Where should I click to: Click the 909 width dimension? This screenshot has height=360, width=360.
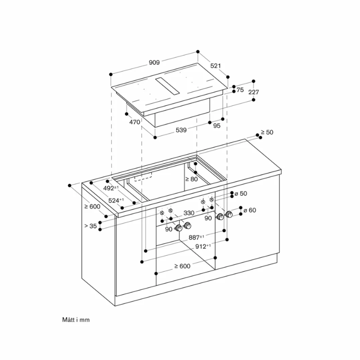[x=154, y=63]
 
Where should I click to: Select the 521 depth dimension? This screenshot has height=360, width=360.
[x=216, y=66]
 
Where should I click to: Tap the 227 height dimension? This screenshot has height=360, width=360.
[x=254, y=92]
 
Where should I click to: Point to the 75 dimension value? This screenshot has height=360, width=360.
[x=240, y=90]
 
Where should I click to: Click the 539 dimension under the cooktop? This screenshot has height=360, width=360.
[x=181, y=130]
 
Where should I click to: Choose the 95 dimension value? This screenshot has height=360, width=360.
[x=217, y=126]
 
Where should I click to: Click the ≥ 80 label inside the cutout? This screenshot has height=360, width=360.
[x=192, y=179]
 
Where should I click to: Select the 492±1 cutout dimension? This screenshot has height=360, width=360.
[x=111, y=188]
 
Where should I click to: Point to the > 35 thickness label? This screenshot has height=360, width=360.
[x=90, y=226]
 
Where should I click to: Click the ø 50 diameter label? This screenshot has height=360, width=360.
[x=241, y=193]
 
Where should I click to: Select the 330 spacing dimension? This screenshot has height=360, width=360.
[x=189, y=213]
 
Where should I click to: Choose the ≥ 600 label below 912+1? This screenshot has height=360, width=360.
[x=182, y=266]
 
